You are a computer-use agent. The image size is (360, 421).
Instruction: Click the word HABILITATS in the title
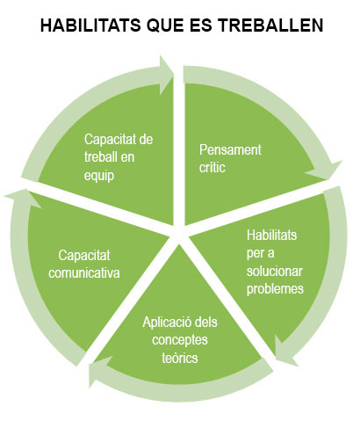(x=90, y=25)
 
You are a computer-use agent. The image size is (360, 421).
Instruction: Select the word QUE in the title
(x=165, y=25)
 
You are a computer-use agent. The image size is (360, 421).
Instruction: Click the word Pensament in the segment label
(x=230, y=149)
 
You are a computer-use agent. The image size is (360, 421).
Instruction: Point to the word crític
(x=212, y=168)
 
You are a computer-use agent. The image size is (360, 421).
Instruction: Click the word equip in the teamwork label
(x=99, y=176)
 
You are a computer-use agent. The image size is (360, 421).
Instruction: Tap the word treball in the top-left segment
(x=100, y=157)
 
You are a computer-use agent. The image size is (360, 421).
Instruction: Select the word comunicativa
(x=84, y=273)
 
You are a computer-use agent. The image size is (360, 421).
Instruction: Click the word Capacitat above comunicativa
(x=84, y=255)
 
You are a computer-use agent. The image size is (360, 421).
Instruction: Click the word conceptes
(x=180, y=340)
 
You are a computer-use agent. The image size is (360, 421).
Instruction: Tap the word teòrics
(x=180, y=358)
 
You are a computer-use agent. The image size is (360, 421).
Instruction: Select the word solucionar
(x=274, y=271)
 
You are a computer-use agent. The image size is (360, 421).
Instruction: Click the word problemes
(x=275, y=289)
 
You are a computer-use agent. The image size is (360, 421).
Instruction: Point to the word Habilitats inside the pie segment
(x=271, y=235)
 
